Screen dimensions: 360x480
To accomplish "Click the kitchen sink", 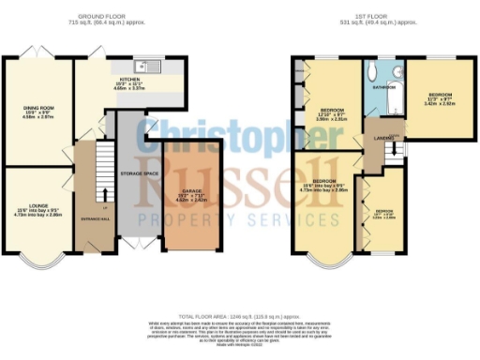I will coord(142,66).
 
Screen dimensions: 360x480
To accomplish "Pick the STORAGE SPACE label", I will coord(138,174).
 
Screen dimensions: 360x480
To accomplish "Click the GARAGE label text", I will coord(191,192).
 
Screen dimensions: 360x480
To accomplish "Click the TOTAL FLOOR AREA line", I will coord(240,320).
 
